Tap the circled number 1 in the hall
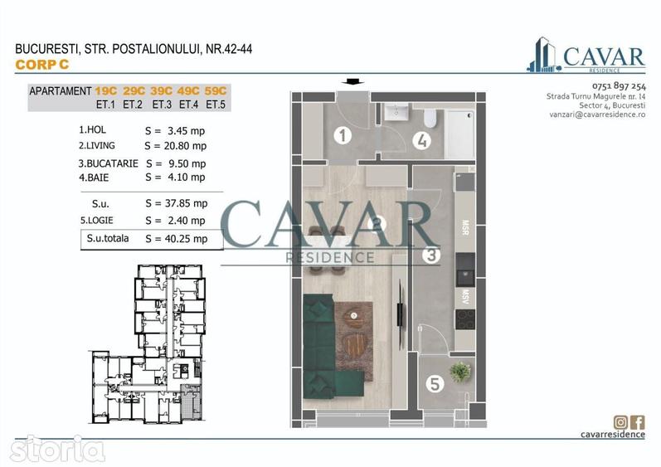click(343, 135)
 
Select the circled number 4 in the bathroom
click(421, 141)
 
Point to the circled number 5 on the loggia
click(435, 384)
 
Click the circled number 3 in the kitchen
click(431, 255)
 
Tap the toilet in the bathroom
click(430, 119)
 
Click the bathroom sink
click(396, 112)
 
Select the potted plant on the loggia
click(460, 372)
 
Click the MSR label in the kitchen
click(465, 227)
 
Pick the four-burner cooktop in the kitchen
click(465, 319)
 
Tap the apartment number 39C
click(161, 90)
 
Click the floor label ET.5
click(216, 105)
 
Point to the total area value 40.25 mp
click(186, 239)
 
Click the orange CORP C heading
click(41, 65)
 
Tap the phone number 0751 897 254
click(619, 86)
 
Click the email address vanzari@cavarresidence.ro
click(597, 114)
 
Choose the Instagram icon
click(620, 421)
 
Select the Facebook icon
click(637, 422)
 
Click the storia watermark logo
click(57, 449)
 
